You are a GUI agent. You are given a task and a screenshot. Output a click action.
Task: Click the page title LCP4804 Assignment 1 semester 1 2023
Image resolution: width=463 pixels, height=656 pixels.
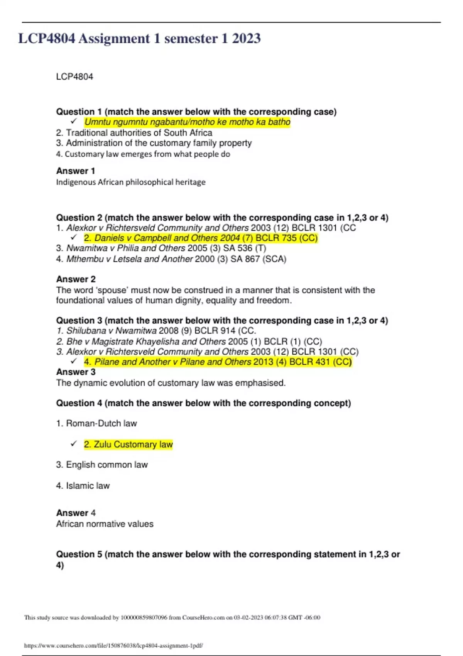click(x=139, y=39)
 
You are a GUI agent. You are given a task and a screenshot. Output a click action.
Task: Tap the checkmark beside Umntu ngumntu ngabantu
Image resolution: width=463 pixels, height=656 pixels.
click(x=74, y=122)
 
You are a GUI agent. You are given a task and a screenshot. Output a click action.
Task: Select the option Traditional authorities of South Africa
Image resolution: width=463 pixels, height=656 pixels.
click(x=134, y=133)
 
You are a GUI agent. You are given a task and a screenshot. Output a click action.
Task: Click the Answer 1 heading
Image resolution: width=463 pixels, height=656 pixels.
click(x=76, y=171)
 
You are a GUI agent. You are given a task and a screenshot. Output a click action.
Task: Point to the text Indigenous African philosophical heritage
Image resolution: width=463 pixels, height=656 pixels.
click(x=131, y=182)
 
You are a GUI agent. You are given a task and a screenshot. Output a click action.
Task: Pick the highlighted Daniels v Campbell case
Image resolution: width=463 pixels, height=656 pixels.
click(x=201, y=238)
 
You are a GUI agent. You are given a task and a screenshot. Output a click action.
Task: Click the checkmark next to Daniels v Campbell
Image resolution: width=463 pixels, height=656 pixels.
click(x=74, y=237)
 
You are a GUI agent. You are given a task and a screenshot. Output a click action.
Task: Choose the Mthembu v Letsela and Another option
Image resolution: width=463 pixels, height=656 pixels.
click(x=171, y=259)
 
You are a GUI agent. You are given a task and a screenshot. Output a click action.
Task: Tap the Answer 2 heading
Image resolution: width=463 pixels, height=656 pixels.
click(x=76, y=279)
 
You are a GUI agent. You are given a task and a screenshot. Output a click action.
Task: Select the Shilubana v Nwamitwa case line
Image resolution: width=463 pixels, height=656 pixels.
click(x=156, y=331)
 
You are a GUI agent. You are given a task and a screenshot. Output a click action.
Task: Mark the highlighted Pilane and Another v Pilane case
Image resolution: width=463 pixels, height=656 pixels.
click(x=218, y=362)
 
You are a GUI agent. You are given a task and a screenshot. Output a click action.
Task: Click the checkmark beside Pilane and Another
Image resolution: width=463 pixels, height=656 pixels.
click(x=74, y=361)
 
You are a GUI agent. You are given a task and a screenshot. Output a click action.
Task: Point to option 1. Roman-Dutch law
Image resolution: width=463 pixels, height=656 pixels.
click(x=96, y=423)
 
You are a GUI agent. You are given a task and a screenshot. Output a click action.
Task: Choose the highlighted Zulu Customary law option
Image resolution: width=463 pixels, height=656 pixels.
click(x=128, y=445)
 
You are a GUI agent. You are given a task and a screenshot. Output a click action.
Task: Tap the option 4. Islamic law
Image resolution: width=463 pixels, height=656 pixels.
click(x=83, y=485)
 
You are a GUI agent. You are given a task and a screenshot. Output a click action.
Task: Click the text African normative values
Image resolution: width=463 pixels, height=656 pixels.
click(x=105, y=524)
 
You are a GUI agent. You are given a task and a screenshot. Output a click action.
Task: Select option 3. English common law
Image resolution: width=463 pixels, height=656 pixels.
click(x=102, y=465)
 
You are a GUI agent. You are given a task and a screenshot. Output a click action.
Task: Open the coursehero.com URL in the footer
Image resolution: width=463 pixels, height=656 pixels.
click(x=113, y=645)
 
